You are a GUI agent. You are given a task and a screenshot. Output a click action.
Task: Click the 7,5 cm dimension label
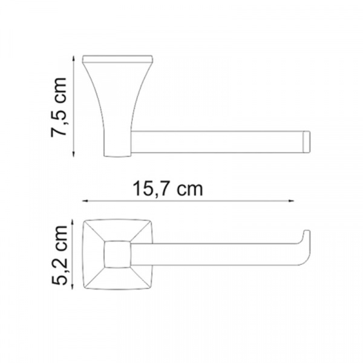(59, 107)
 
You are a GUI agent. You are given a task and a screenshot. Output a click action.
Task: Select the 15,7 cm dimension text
(168, 189)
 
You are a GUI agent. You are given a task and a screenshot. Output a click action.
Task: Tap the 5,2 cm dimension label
(59, 255)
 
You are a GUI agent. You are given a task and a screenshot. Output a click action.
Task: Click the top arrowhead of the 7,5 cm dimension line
(74, 58)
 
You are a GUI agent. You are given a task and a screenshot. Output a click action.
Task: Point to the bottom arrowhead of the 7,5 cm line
(74, 154)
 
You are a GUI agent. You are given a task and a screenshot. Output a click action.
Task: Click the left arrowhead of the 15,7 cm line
(85, 201)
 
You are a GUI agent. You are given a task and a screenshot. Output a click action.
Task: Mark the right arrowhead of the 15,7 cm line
(291, 201)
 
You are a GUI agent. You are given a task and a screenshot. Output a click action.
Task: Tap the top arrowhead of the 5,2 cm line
(73, 222)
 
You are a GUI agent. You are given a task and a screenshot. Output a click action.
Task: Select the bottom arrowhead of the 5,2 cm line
(73, 287)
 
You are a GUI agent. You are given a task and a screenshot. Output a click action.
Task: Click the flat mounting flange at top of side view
(117, 59)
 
